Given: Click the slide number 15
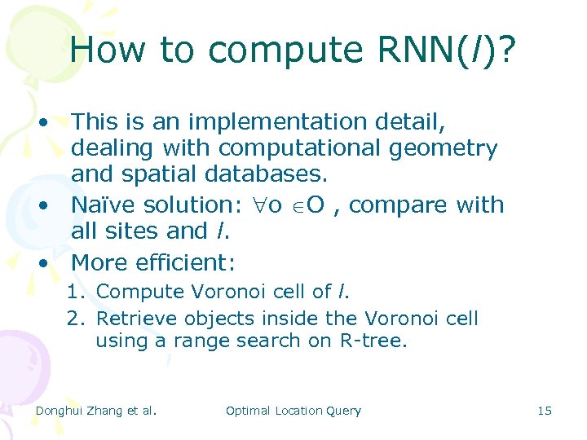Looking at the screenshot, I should (x=545, y=411).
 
